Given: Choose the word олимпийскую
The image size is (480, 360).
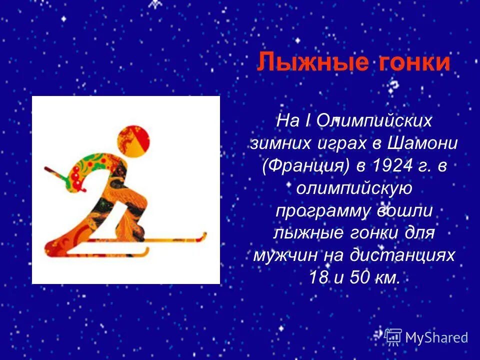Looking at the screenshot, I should pyautogui.click(x=353, y=189).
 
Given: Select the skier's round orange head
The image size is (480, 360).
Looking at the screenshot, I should pyautogui.click(x=133, y=140).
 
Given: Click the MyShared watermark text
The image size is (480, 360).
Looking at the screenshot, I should pyautogui.click(x=436, y=337).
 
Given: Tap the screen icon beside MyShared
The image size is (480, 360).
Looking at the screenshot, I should pyautogui.click(x=393, y=337).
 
